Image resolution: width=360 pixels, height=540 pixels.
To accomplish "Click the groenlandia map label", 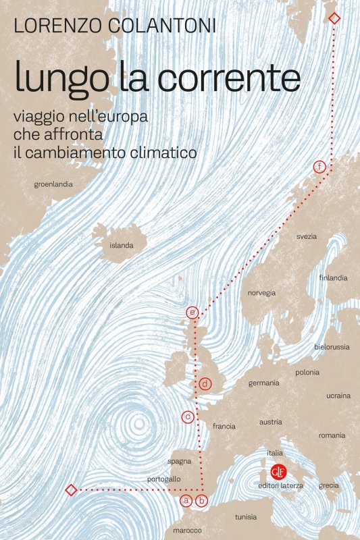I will [x=53, y=184].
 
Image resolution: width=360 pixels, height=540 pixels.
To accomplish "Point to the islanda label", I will [x=122, y=246].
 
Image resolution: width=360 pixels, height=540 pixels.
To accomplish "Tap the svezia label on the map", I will [x=307, y=236].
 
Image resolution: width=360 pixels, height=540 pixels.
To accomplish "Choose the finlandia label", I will [x=333, y=277].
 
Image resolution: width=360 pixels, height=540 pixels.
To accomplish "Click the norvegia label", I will [x=261, y=293].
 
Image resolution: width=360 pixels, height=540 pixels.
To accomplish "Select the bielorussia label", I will [x=332, y=346].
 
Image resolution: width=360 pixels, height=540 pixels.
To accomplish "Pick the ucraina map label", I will [x=338, y=396].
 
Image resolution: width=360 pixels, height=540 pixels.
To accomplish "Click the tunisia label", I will [x=246, y=517].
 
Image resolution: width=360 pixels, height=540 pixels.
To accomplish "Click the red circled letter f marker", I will [x=319, y=167].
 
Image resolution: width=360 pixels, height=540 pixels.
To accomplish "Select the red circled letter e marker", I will [x=192, y=313].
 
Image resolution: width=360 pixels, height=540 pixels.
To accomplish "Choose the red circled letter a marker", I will [x=186, y=501].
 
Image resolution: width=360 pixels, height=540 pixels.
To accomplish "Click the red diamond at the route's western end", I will [x=70, y=489].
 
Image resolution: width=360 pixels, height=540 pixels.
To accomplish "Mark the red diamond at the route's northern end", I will [x=334, y=18].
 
